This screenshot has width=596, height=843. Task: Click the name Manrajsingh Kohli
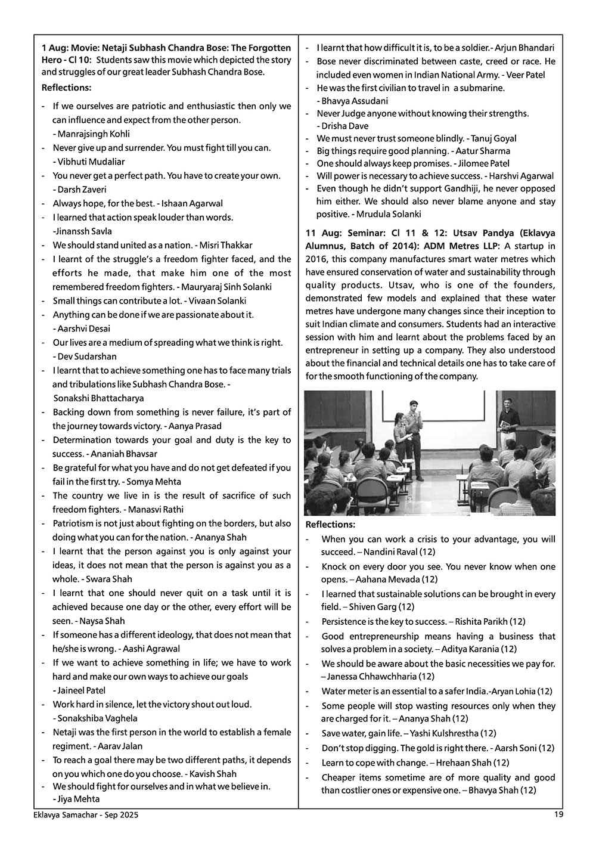[94, 134]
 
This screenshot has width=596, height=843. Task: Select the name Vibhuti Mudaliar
[91, 162]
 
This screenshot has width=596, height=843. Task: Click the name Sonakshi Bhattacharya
[98, 398]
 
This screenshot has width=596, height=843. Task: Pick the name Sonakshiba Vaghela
[98, 718]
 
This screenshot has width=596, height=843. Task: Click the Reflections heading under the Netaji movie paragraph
[66, 88]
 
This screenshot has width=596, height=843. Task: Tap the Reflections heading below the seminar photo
[330, 525]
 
